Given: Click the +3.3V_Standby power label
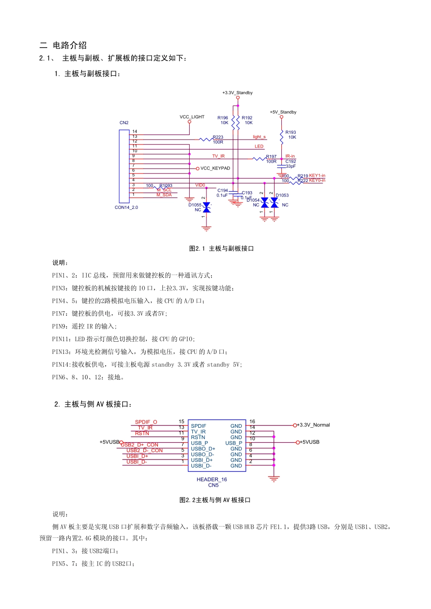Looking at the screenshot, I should click(237, 93).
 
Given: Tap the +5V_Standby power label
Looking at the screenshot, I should click(283, 112).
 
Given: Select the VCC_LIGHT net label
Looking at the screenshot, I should click(192, 117).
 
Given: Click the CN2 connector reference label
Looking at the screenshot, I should click(124, 123).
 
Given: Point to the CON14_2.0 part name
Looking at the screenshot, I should click(126, 208).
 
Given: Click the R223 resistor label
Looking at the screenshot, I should click(218, 137).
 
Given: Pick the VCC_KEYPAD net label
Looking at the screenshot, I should click(215, 169).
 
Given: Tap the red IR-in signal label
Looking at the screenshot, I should click(290, 156).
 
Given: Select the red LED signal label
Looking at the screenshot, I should click(259, 146).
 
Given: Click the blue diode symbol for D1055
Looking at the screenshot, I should click(206, 208).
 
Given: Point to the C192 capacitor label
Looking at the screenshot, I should click(291, 161).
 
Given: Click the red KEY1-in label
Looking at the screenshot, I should click(317, 175).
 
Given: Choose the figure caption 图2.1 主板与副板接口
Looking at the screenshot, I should click(221, 249).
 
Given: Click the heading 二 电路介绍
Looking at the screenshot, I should click(63, 45).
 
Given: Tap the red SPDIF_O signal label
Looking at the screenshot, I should click(146, 422).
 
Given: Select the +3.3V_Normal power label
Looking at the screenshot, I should click(313, 425).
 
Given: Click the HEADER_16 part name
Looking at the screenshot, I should click(212, 479).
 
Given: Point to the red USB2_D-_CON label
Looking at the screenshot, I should click(144, 450).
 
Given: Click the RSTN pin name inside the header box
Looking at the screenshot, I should click(198, 437).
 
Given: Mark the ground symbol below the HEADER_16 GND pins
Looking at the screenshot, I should click(274, 478).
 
